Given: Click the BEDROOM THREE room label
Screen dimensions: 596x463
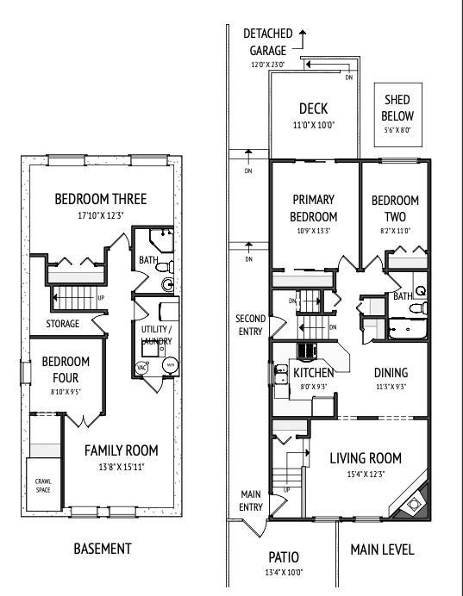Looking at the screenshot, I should pos(100,199).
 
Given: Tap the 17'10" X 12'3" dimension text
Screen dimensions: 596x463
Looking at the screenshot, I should pos(100,215).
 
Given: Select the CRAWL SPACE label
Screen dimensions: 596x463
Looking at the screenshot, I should pos(43,484).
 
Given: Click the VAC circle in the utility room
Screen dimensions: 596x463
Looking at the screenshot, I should pos(142,366).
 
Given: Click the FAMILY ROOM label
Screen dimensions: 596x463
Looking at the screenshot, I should pos(122,450).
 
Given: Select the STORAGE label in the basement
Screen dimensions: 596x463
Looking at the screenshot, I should pos(63,324).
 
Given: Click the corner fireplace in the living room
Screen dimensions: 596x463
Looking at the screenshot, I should pos(413,499).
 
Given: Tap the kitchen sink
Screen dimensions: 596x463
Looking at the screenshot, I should pos(280,375).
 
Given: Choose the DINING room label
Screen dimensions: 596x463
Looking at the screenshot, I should pos(391,373).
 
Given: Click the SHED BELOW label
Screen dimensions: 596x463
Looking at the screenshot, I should pos(397,109).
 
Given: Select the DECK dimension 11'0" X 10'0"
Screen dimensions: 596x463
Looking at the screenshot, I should pos(313,125).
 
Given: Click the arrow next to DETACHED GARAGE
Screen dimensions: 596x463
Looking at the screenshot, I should pos(303,34).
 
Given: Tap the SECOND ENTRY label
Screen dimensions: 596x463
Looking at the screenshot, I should pos(250,324).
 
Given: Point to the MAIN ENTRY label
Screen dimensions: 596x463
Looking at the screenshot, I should pos(250,500).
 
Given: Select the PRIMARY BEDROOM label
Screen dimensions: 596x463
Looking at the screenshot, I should pos(313,208).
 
